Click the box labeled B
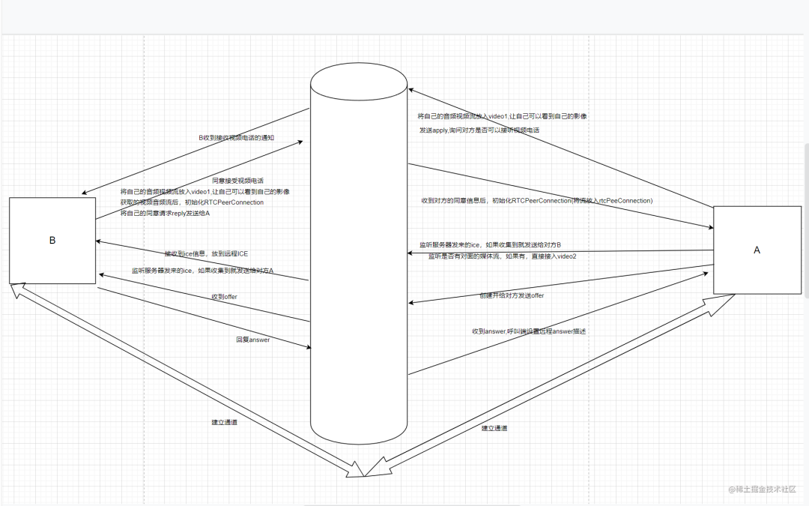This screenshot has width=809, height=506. coord(52,240)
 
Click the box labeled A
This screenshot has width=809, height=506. coord(757,250)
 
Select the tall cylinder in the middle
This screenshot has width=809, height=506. coord(359,255)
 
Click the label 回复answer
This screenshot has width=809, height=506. coord(252,340)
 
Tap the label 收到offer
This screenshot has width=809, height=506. coord(225,298)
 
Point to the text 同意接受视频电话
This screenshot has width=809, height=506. coord(237,181)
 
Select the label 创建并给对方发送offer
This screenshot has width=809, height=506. coord(512,295)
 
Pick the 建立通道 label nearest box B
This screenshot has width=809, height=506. coord(225,423)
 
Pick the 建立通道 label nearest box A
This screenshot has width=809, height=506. coord(494,428)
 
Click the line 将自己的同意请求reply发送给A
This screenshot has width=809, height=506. coord(165,214)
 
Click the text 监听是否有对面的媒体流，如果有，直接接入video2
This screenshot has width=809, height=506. coord(502,256)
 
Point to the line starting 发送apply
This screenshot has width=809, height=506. coord(479,130)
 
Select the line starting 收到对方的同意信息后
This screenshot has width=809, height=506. coord(537,201)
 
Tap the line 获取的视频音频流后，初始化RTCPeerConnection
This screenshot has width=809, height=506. coord(192,202)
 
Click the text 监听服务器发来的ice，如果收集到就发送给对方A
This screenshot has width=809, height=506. coord(202,270)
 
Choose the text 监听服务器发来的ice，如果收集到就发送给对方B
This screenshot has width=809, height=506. coord(490,245)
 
